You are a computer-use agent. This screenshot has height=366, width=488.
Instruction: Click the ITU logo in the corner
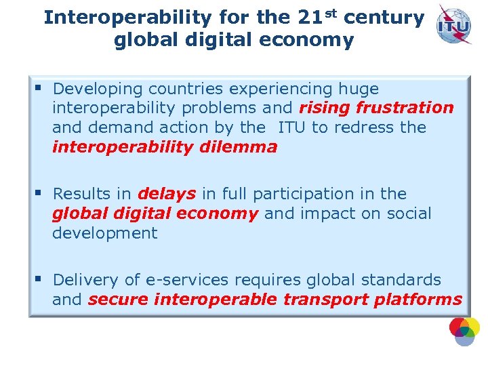click(x=455, y=24)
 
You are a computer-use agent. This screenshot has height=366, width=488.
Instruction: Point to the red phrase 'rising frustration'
click(x=376, y=108)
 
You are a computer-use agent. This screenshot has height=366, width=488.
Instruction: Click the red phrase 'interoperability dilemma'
click(x=165, y=147)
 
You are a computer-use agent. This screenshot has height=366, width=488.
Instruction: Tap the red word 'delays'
click(x=167, y=194)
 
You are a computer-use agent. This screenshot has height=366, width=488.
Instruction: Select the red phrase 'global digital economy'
click(x=155, y=213)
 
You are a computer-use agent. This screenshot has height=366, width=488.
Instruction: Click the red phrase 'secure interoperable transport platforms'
click(x=275, y=300)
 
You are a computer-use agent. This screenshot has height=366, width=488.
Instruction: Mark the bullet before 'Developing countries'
click(x=39, y=88)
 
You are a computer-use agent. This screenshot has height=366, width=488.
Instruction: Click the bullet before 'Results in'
click(x=39, y=193)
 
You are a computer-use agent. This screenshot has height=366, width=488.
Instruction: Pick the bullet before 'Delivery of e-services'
click(x=39, y=279)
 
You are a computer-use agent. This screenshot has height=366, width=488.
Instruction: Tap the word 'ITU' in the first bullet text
click(x=293, y=127)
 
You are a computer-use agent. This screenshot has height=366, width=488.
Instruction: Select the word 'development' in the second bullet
click(x=104, y=233)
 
